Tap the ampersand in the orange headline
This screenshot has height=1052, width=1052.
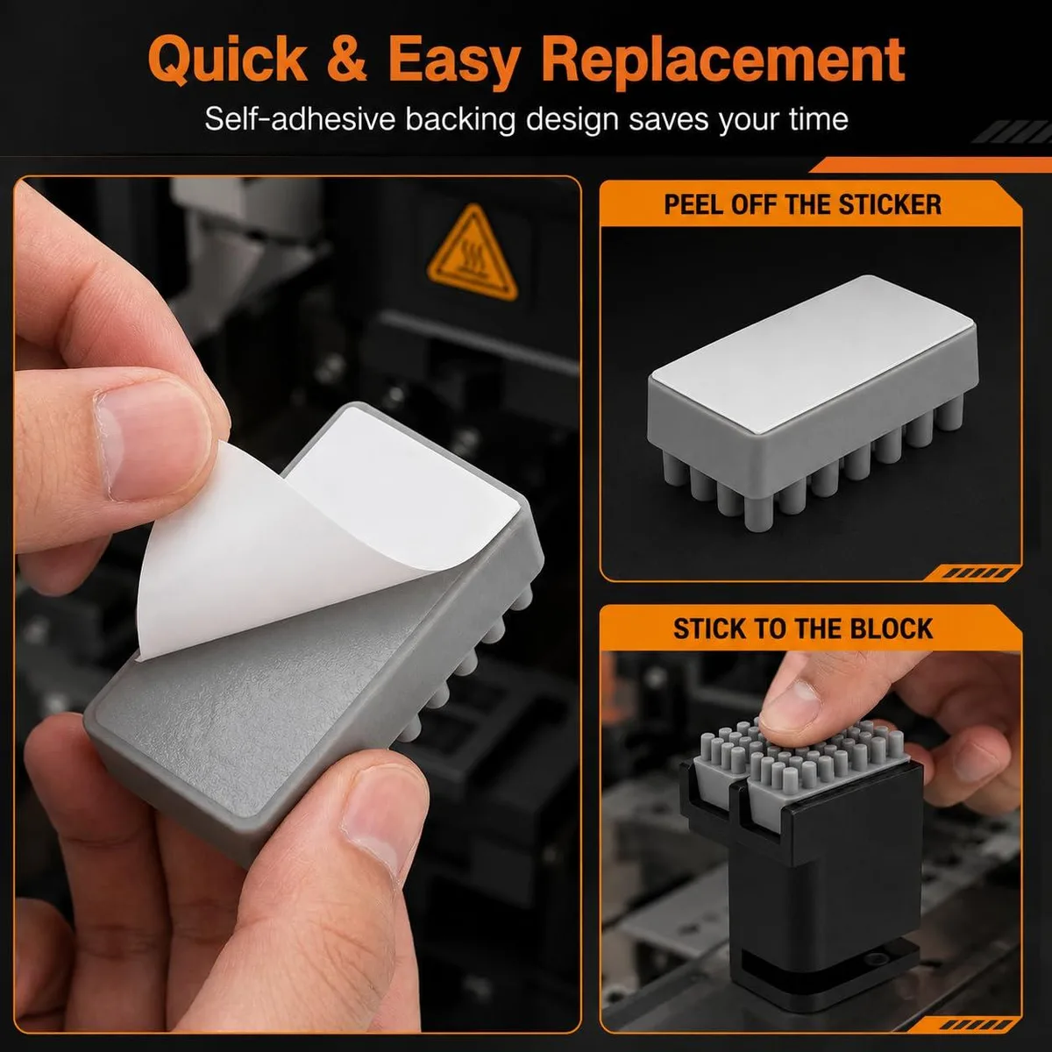tap(346, 58)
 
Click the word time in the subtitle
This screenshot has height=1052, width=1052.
tap(818, 119)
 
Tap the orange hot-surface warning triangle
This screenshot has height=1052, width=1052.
tap(473, 253)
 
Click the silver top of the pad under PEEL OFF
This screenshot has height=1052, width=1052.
tap(814, 354)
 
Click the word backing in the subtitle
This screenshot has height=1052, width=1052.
tap(460, 119)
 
